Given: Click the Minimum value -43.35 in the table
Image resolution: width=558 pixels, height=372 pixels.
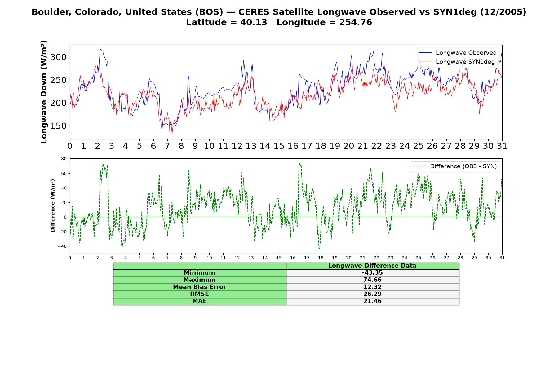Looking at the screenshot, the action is pyautogui.click(x=372, y=273).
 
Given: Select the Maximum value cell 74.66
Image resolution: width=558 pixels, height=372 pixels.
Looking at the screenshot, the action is pyautogui.click(x=372, y=280).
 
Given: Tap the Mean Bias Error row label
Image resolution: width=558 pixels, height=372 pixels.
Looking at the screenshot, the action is pyautogui.click(x=199, y=287).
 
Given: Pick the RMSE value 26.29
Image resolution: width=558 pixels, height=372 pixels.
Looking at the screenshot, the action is pyautogui.click(x=372, y=294).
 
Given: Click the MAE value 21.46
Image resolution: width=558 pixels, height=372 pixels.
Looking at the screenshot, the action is pyautogui.click(x=372, y=301).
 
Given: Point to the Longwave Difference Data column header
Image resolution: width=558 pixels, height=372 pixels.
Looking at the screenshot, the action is pyautogui.click(x=372, y=266).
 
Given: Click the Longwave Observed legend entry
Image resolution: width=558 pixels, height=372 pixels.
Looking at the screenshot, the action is pyautogui.click(x=457, y=53).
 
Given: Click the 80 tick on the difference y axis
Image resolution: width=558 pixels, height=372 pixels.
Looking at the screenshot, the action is pyautogui.click(x=64, y=159).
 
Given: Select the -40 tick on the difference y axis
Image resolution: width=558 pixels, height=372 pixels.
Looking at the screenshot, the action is pyautogui.click(x=62, y=246).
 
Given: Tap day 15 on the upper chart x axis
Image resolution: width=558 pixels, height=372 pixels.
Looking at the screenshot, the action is pyautogui.click(x=279, y=146).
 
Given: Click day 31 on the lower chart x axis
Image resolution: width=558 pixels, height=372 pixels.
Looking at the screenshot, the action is pyautogui.click(x=502, y=258).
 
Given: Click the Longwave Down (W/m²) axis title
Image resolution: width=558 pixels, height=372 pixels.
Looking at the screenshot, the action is pyautogui.click(x=44, y=92).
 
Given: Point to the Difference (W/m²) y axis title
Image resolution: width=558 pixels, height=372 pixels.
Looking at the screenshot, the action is pyautogui.click(x=53, y=206).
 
